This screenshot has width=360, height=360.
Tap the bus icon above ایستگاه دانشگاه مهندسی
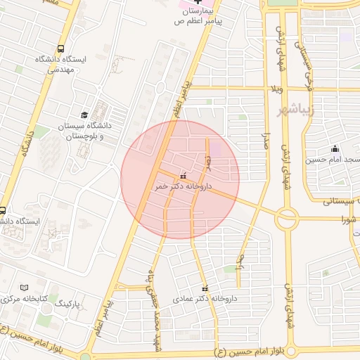61,49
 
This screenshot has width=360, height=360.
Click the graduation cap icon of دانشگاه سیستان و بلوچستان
84,114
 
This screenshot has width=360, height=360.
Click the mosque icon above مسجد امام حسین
334,148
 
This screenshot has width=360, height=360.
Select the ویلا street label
280,91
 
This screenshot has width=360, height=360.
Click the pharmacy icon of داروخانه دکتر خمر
184,176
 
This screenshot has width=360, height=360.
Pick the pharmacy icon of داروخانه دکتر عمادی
205,288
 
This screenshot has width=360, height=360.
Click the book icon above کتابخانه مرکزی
25,288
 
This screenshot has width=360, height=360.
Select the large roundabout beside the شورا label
287,219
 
